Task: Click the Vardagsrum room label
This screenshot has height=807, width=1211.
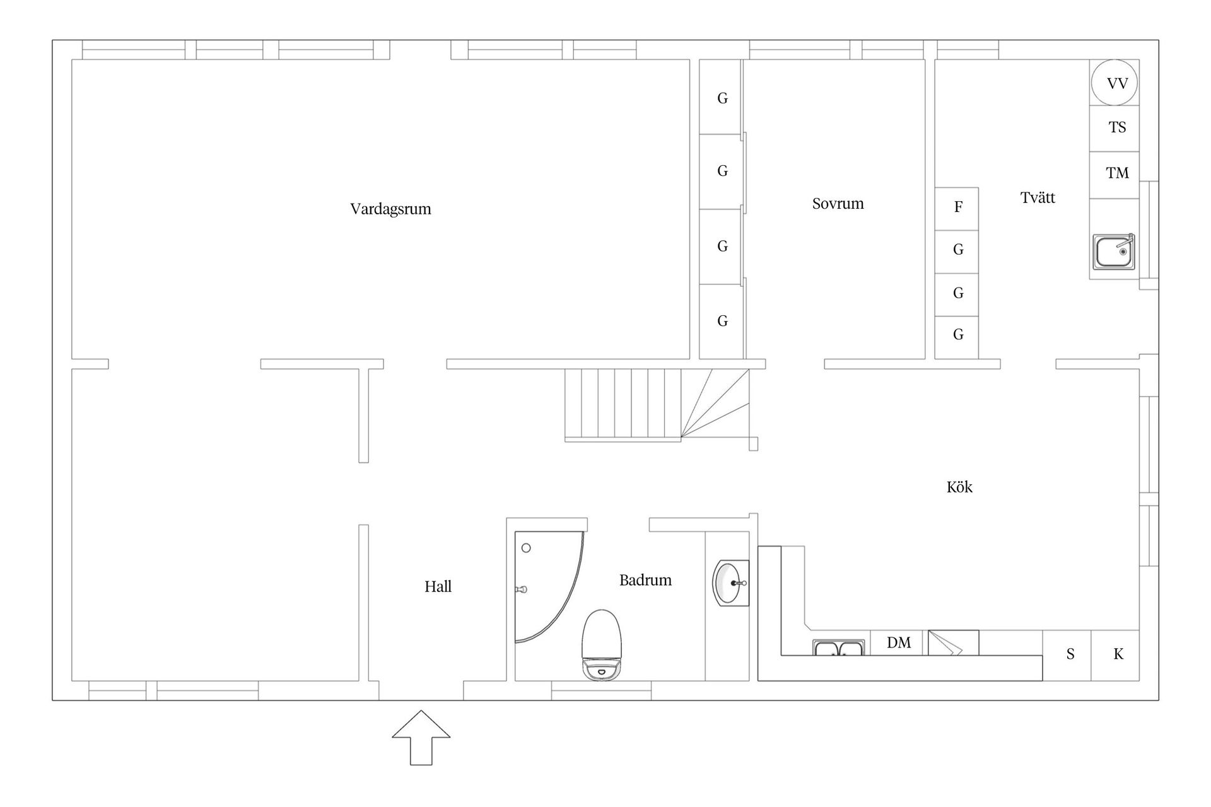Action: (390, 209)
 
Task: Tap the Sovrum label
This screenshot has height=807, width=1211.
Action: (838, 204)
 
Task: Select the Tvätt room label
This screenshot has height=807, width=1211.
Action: (1038, 197)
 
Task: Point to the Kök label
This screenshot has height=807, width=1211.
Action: (959, 487)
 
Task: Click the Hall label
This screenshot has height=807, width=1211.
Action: (438, 586)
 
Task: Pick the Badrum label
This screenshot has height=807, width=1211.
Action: (645, 580)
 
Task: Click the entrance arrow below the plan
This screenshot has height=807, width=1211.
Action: (421, 738)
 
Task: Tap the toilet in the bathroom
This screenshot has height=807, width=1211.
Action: (602, 645)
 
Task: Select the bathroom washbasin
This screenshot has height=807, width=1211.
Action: (731, 583)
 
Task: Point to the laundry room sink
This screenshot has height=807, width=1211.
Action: (1114, 252)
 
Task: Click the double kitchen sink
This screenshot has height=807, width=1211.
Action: (838, 648)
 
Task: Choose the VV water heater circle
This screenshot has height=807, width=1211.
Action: (1114, 83)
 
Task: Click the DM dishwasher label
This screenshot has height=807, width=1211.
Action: (899, 643)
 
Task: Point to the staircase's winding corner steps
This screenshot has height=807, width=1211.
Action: (715, 403)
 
